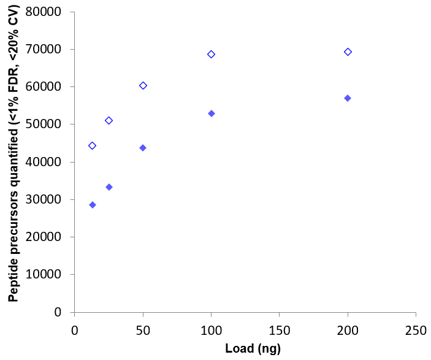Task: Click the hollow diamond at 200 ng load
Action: (348, 52)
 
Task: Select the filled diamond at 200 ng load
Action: (348, 98)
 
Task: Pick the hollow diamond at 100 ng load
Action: (211, 55)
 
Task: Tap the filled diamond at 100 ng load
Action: (212, 113)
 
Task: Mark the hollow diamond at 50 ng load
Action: (143, 86)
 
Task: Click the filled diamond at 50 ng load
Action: (143, 148)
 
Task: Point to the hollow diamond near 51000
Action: (109, 121)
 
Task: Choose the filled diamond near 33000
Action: (109, 187)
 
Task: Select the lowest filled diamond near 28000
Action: (93, 205)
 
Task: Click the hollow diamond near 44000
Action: (92, 146)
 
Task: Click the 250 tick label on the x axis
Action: (416, 329)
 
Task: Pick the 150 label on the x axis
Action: (279, 329)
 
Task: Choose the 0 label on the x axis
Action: (74, 329)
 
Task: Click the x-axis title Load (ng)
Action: (245, 349)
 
